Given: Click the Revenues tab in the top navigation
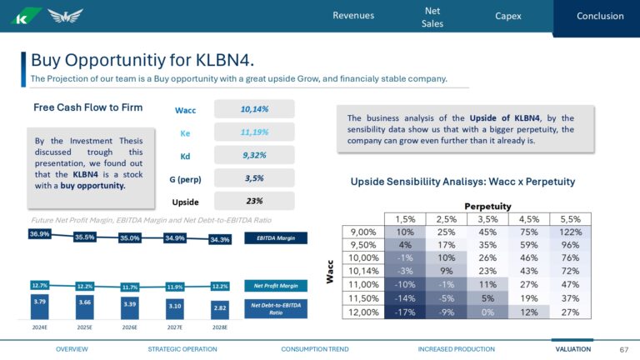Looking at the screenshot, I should [x=353, y=16].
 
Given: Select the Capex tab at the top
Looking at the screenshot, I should [x=507, y=16].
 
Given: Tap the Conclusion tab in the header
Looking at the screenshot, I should [x=599, y=16].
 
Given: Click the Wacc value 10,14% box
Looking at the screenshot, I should [x=253, y=109].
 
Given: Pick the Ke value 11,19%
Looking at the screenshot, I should [x=253, y=132].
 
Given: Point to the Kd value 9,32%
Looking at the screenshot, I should [x=253, y=155].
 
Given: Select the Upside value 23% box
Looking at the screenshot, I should [x=253, y=201].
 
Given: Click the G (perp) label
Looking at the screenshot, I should [x=185, y=178].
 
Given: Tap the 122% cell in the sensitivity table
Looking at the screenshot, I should [x=570, y=232].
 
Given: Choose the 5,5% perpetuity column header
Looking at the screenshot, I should [x=570, y=218].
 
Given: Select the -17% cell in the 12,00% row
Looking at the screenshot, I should [x=405, y=312].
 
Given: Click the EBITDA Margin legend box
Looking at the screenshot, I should [x=276, y=238].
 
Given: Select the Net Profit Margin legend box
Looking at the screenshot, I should [x=276, y=285].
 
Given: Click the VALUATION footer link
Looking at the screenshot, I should [x=573, y=348].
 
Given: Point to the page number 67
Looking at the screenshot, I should [x=623, y=348].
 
